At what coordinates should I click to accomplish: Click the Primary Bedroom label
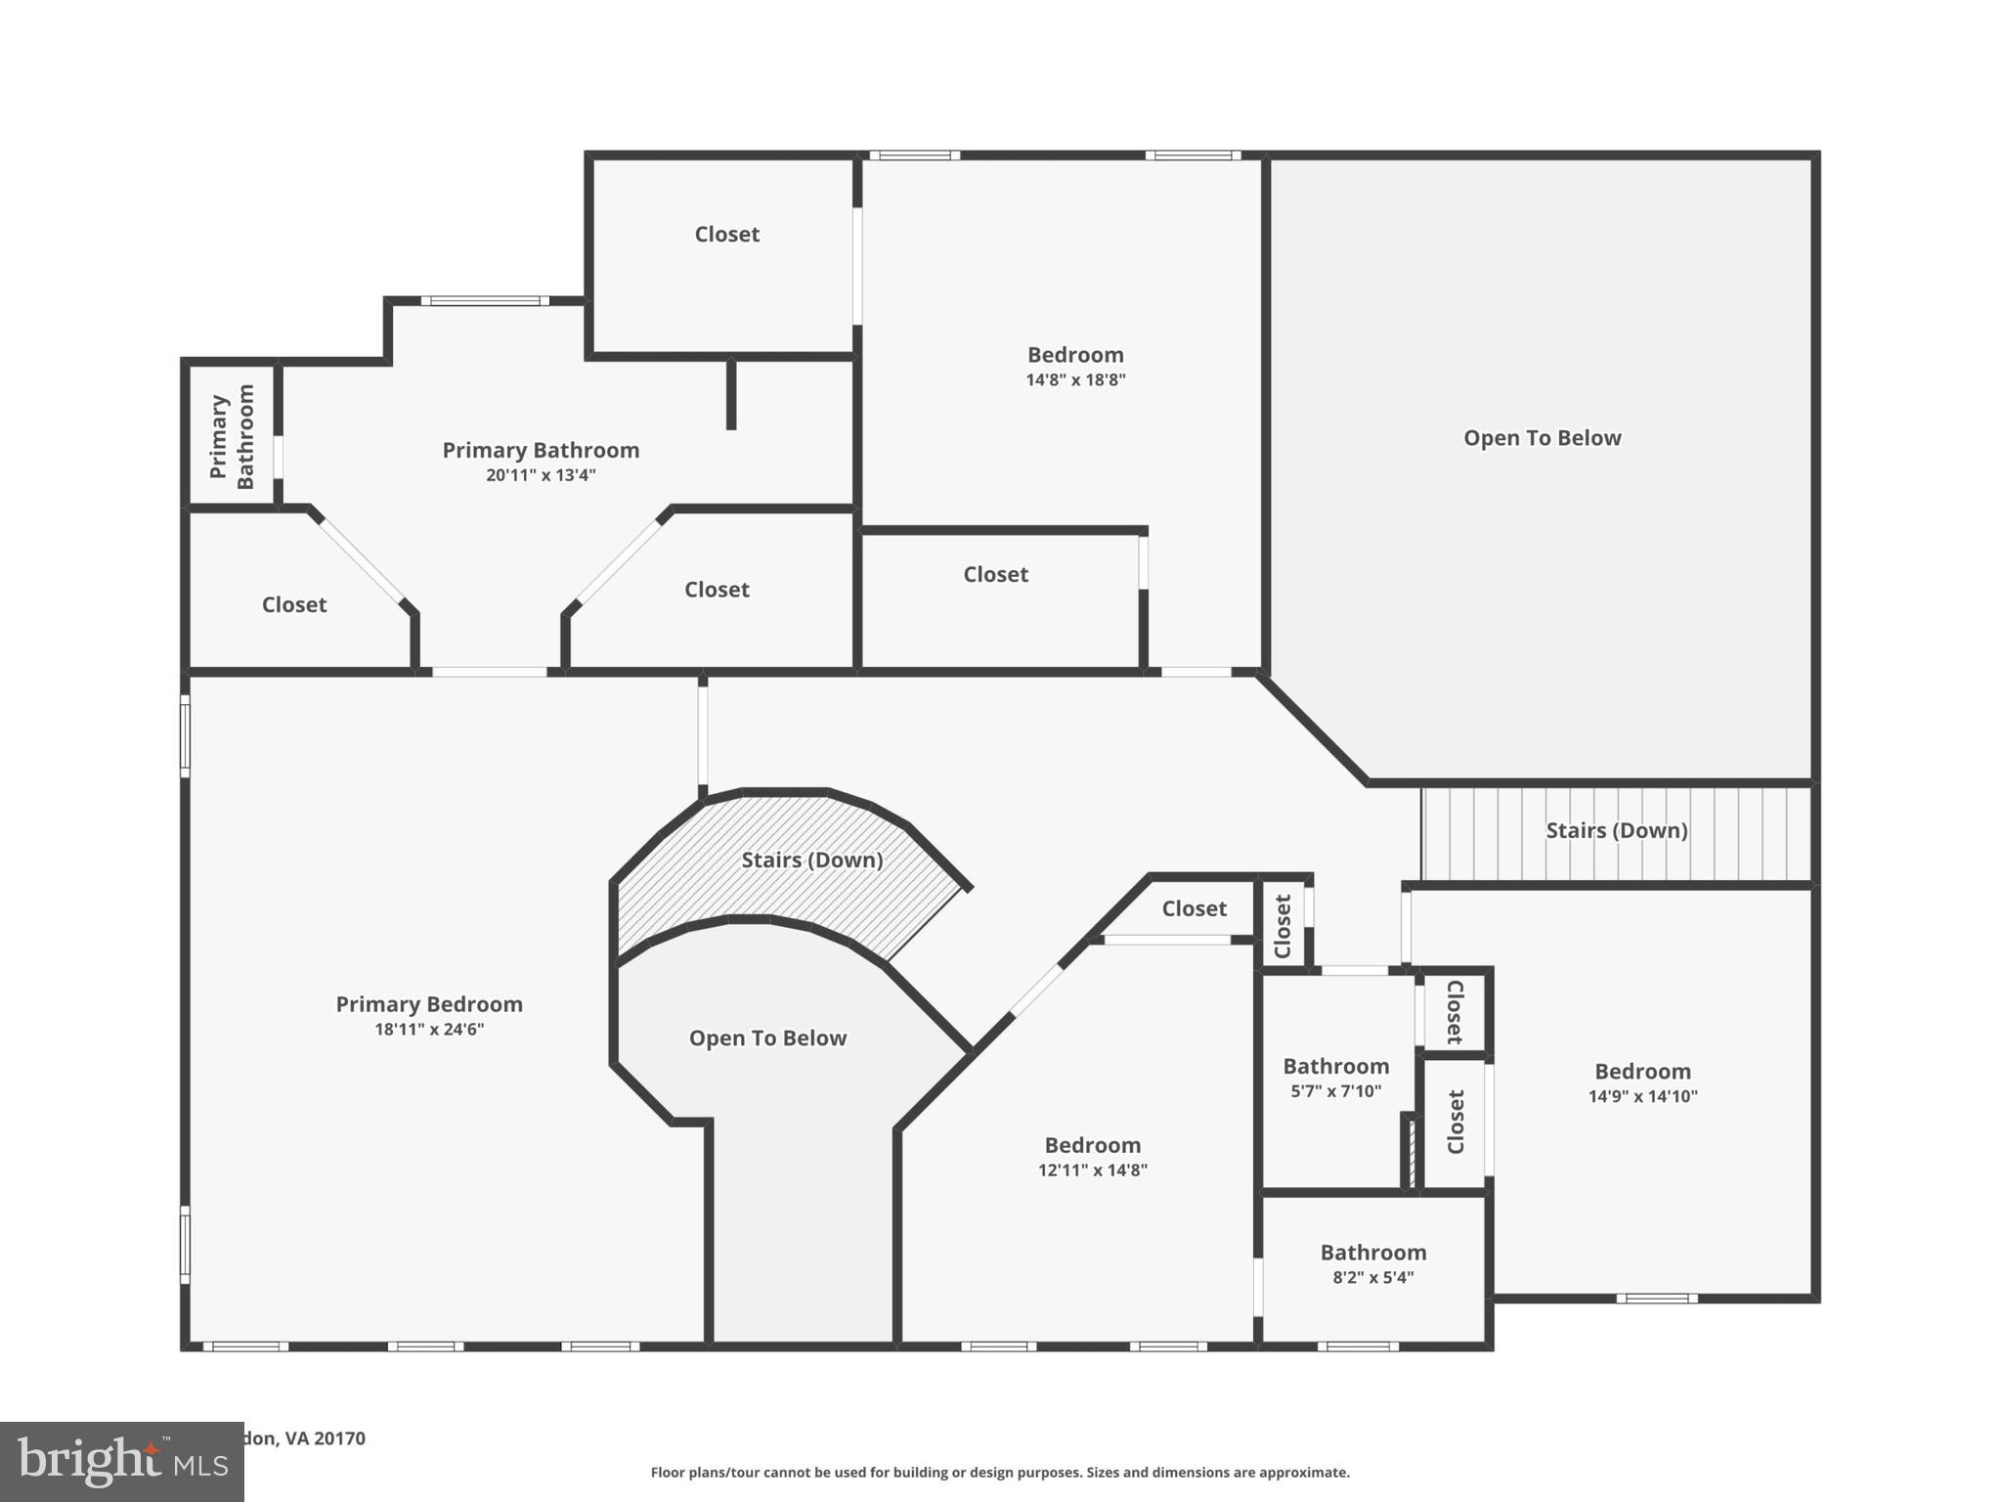coord(429,1004)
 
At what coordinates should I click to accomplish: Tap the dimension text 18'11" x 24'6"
coord(429,1030)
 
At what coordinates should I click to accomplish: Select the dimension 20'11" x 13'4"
coord(541,476)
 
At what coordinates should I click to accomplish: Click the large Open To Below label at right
coord(1542,438)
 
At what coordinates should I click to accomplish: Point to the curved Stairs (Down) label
coord(811,860)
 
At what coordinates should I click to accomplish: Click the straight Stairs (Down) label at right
coord(1616,830)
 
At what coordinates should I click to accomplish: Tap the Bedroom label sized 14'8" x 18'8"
coord(1075,355)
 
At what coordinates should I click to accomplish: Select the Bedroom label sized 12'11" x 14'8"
coord(1092,1145)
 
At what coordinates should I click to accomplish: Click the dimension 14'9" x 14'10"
coord(1642,1097)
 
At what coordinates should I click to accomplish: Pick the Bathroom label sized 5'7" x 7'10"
coord(1335,1066)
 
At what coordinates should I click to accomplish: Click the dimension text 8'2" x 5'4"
coord(1372,1277)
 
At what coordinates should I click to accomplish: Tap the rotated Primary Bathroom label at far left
coord(232,436)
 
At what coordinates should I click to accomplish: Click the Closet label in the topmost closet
coord(726,234)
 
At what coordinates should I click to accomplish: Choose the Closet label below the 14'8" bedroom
coord(995,574)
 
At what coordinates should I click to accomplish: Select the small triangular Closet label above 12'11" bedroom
coord(1194,908)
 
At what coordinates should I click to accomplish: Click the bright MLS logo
coord(122,1462)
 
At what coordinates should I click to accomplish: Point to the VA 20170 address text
coord(305,1437)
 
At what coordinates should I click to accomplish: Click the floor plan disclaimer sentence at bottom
coord(1000,1472)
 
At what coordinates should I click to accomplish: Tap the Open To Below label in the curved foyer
coord(767,1038)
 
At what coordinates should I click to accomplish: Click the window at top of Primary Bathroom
coord(485,301)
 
